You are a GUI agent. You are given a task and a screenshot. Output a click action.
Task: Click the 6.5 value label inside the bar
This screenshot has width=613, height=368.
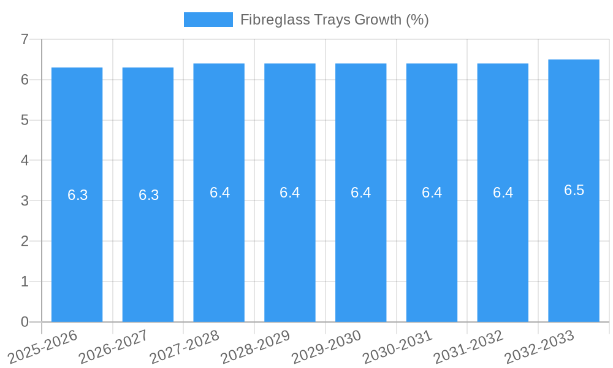pyautogui.click(x=574, y=190)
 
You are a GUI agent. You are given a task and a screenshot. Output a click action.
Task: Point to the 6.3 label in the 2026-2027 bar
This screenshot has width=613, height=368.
pyautogui.click(x=148, y=195)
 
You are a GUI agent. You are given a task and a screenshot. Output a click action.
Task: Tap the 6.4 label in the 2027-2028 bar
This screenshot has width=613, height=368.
pyautogui.click(x=219, y=193)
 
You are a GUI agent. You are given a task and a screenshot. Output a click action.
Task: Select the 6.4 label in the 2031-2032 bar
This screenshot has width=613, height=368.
pyautogui.click(x=503, y=193)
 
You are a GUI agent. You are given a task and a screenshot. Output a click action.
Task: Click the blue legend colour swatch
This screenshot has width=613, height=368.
pyautogui.click(x=208, y=20)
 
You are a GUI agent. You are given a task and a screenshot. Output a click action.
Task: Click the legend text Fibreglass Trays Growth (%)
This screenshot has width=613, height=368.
pyautogui.click(x=334, y=20)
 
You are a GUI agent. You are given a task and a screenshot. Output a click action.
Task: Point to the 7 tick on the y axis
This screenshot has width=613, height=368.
pyautogui.click(x=25, y=39)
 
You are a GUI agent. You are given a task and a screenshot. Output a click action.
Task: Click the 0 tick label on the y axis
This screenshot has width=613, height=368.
pyautogui.click(x=25, y=322)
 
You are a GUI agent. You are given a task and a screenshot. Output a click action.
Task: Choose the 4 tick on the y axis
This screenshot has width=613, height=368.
pyautogui.click(x=25, y=161)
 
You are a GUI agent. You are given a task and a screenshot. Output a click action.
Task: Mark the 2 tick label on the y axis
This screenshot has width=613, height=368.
pyautogui.click(x=25, y=241)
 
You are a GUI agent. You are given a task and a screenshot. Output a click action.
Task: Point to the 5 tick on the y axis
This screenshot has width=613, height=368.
pyautogui.click(x=25, y=120)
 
